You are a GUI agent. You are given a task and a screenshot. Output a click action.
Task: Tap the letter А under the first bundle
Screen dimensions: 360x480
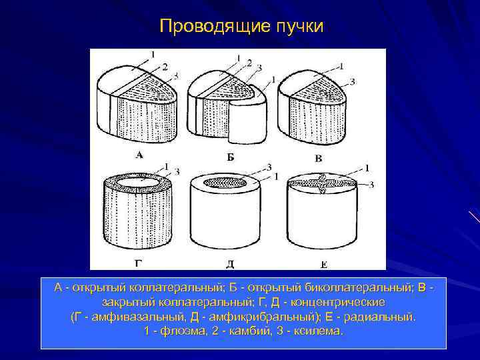tap(139, 155)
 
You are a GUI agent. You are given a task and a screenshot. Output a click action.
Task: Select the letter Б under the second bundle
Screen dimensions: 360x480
tap(230, 157)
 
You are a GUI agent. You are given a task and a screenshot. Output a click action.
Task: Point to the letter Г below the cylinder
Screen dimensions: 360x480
tap(138, 262)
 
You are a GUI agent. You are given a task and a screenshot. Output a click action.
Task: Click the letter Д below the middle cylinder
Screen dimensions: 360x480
tap(230, 263)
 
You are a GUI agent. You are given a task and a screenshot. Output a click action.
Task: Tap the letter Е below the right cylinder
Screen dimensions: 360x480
tap(323, 264)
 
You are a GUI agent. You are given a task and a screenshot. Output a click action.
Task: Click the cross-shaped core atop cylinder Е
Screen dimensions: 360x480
tap(323, 184)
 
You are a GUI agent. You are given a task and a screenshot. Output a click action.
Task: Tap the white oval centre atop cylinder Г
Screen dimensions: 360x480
tap(139, 181)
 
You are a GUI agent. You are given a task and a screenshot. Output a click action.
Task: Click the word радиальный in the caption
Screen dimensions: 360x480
tap(382, 317)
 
